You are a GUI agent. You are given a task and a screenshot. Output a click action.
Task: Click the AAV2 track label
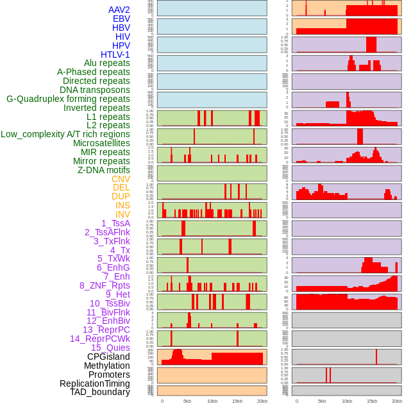point(119,10)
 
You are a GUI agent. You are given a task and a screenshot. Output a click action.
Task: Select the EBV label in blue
point(121,19)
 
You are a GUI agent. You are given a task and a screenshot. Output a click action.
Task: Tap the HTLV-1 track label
point(115,55)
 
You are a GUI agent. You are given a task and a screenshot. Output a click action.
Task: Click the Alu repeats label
point(107,63)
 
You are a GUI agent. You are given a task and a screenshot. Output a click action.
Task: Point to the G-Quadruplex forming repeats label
point(68,99)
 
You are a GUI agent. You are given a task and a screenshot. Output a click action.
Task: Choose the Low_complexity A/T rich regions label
point(65,134)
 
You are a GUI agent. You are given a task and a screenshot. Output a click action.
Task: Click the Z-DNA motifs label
point(103,170)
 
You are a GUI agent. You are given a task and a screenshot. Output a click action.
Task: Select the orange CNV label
point(121,179)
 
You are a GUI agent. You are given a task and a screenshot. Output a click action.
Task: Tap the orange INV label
point(122,214)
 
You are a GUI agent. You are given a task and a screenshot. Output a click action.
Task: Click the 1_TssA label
point(115,223)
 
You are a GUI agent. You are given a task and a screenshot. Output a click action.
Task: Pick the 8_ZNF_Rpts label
point(105,285)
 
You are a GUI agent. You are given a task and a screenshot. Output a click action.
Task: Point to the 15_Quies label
point(110,348)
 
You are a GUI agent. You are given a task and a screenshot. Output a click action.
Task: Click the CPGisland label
point(108,357)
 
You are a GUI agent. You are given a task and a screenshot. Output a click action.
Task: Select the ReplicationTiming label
point(94,383)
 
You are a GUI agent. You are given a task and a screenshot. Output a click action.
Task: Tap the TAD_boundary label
point(100,392)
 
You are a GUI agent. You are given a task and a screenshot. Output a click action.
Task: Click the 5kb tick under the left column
point(187,401)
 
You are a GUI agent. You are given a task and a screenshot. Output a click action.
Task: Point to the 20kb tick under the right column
point(397,401)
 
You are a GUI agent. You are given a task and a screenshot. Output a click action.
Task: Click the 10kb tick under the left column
point(212,401)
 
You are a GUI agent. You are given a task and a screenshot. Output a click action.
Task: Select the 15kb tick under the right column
point(371,401)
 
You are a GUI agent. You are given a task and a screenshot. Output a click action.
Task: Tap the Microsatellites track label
point(101,143)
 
